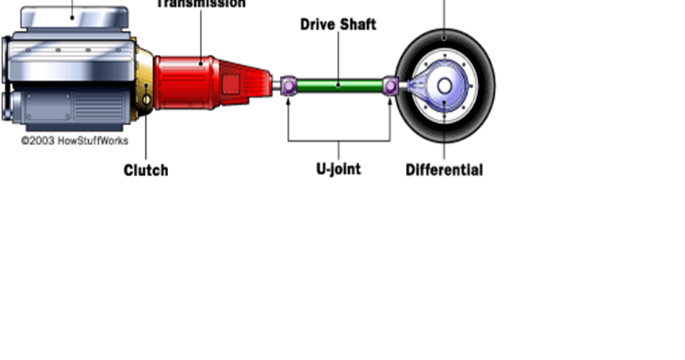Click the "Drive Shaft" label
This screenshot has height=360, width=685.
point(338,25)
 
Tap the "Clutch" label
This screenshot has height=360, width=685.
point(146,170)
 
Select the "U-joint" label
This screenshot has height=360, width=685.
point(339,169)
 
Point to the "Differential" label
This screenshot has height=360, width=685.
point(444,170)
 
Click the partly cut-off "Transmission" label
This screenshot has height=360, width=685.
point(201,4)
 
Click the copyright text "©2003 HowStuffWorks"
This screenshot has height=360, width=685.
point(74,141)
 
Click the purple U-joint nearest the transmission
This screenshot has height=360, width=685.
point(288,85)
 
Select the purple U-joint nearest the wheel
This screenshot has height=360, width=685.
point(390,86)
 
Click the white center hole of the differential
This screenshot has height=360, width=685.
point(445,85)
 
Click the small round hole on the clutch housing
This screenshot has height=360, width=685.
point(147,100)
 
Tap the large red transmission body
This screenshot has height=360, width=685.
point(184,82)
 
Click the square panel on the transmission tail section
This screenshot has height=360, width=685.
point(231,83)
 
